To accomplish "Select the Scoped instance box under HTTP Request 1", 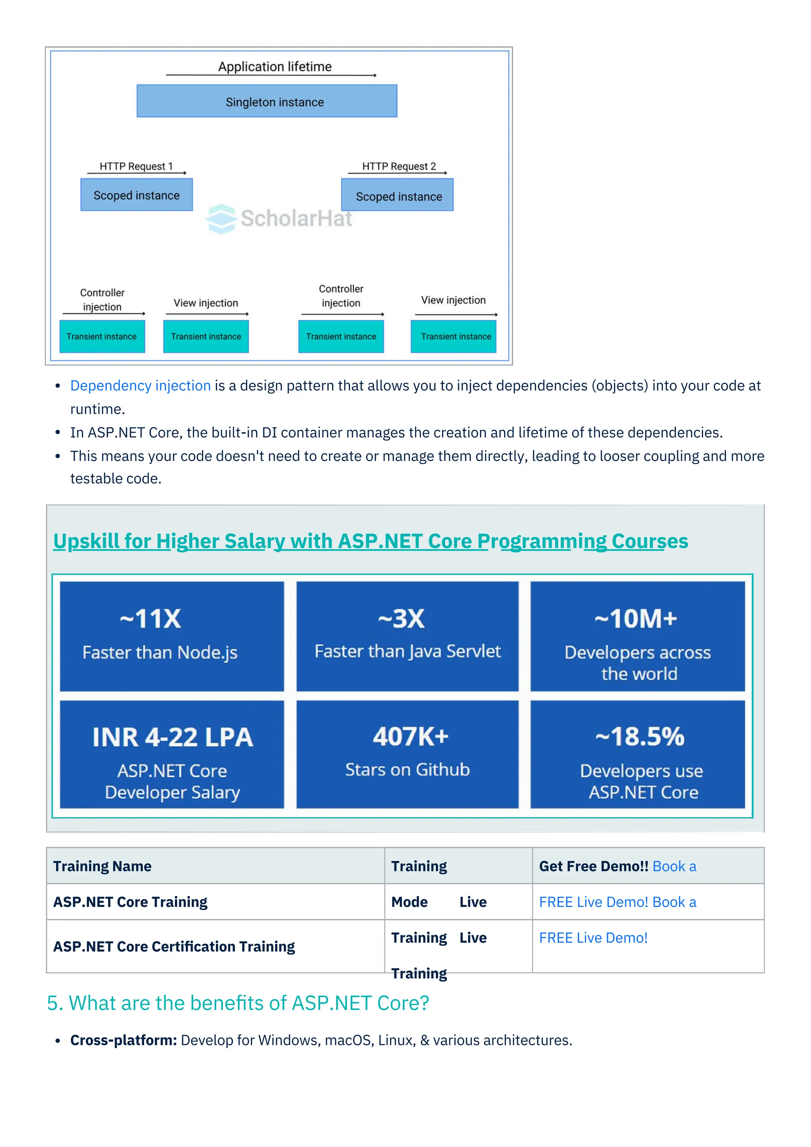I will pyautogui.click(x=136, y=195).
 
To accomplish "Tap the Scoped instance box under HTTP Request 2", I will pyautogui.click(x=398, y=195).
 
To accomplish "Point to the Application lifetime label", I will pyautogui.click(x=275, y=67).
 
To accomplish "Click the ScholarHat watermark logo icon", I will pyautogui.click(x=221, y=219).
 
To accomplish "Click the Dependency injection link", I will pyautogui.click(x=140, y=386).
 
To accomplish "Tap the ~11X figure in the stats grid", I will pyautogui.click(x=150, y=619).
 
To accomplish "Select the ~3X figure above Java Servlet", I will pyautogui.click(x=402, y=619).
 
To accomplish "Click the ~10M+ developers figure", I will pyautogui.click(x=636, y=619).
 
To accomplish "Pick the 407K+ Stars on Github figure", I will pyautogui.click(x=411, y=736).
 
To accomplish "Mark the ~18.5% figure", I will pyautogui.click(x=640, y=736).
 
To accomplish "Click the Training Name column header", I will pyautogui.click(x=103, y=866).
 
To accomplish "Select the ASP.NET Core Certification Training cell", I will pyautogui.click(x=174, y=947).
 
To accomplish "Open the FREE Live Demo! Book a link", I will pyautogui.click(x=617, y=902).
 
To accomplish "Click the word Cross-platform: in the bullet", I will pyautogui.click(x=123, y=1040).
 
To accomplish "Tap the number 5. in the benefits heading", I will pyautogui.click(x=55, y=1003).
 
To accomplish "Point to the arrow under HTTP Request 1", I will pyautogui.click(x=136, y=173).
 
